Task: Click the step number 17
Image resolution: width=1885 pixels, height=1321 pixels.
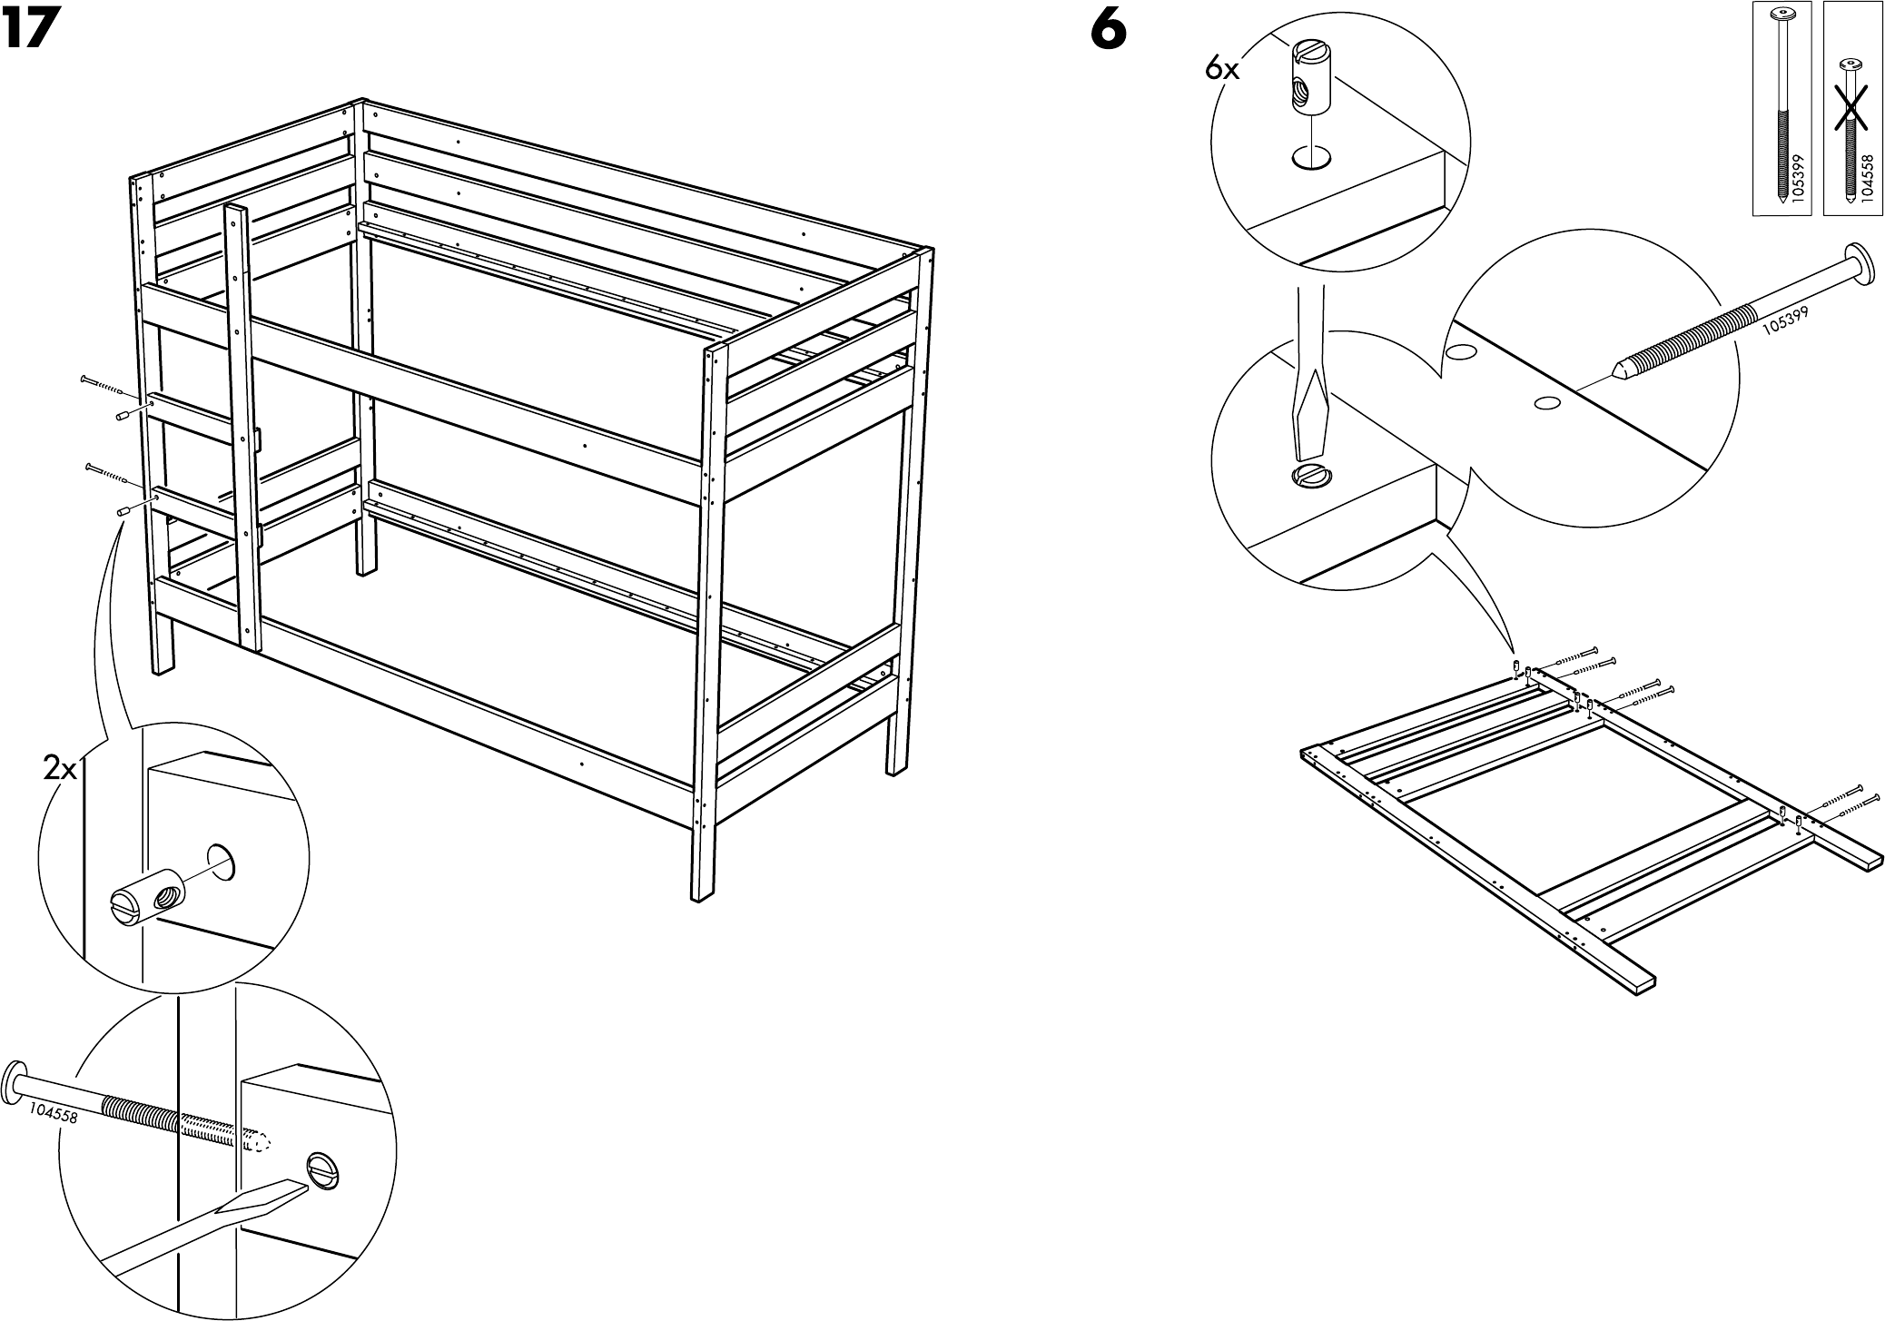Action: click(x=31, y=31)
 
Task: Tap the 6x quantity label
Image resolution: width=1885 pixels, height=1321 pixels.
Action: click(x=1222, y=67)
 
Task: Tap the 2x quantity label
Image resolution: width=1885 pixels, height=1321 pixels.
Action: click(x=61, y=770)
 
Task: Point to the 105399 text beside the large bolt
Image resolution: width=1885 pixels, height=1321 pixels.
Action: click(x=1785, y=320)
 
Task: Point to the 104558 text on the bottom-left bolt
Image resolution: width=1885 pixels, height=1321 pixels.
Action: click(x=53, y=1112)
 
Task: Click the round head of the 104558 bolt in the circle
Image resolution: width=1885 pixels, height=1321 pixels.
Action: click(x=15, y=1077)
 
